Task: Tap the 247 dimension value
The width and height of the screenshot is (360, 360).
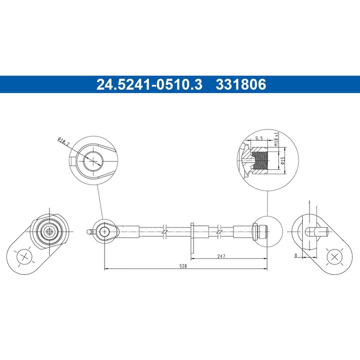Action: (x=222, y=255)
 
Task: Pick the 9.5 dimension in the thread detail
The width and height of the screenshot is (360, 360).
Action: (x=259, y=138)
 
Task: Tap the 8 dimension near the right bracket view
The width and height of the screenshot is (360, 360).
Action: (x=296, y=255)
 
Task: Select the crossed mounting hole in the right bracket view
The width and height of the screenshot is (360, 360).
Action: (x=334, y=257)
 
